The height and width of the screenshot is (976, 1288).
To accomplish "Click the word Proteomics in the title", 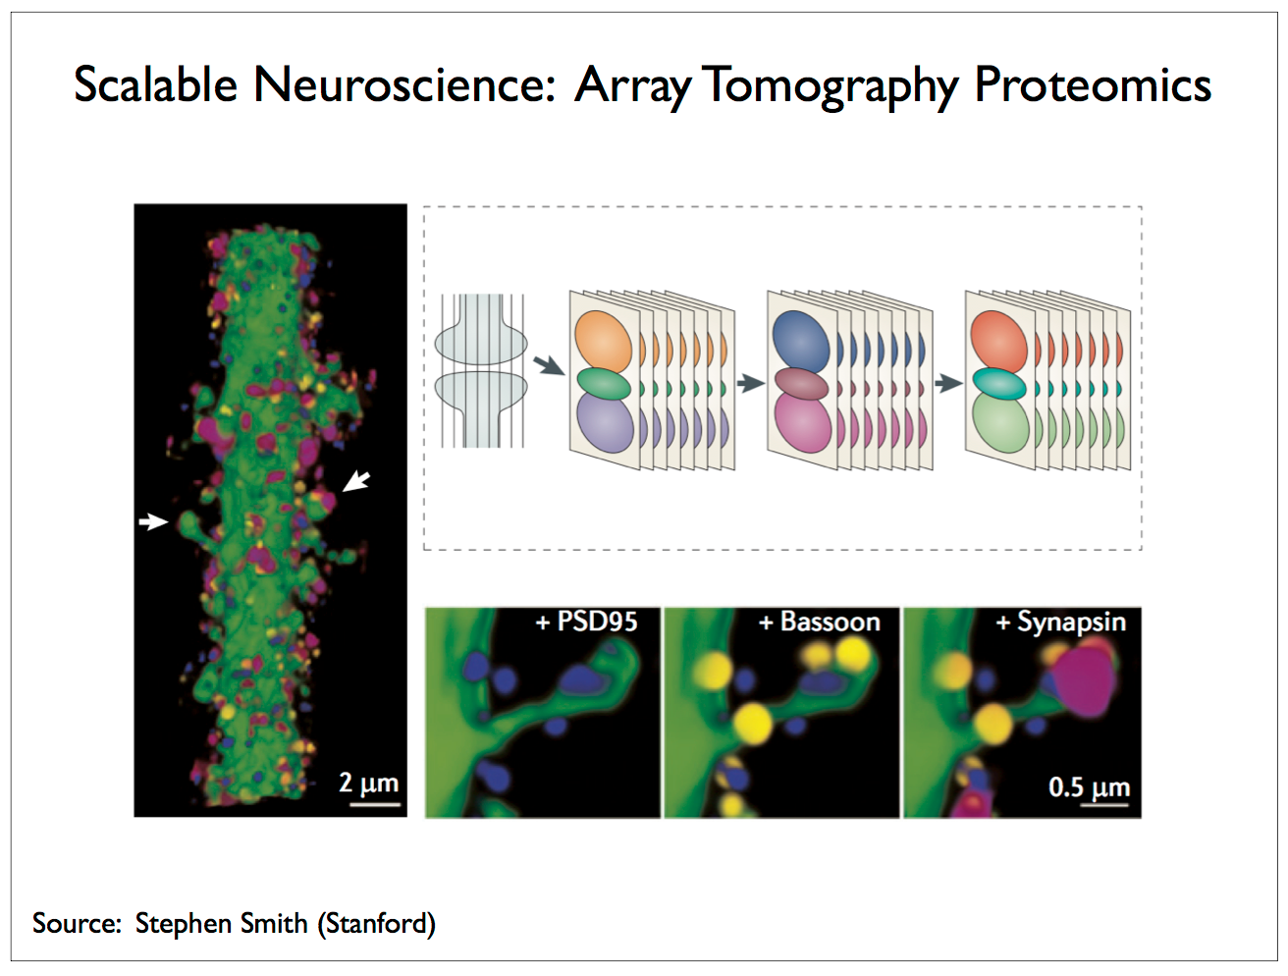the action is [1093, 86].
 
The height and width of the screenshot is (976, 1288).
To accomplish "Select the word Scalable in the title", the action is [155, 84].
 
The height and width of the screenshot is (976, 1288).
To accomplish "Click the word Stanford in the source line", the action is [376, 923].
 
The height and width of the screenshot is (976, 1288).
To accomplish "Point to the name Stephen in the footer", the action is [184, 923].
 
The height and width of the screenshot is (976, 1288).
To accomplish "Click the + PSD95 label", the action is [586, 622].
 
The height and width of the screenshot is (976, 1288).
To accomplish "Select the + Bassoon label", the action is [819, 622].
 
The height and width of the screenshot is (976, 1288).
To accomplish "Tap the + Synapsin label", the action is [1061, 623].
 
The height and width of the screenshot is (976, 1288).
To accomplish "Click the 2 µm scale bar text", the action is [368, 783].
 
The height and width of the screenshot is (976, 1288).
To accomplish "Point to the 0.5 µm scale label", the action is [1089, 787].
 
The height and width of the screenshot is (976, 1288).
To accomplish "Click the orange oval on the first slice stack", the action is [603, 340].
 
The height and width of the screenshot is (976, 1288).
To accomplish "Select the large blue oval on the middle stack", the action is [801, 340].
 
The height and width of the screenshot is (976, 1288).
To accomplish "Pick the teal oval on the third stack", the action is [1000, 385].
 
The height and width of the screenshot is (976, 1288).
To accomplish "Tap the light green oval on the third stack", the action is [1000, 422].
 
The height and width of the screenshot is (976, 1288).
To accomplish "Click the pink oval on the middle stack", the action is [803, 422].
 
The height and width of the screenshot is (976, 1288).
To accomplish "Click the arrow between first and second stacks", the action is [549, 365].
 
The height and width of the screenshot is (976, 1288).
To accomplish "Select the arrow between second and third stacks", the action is [751, 384].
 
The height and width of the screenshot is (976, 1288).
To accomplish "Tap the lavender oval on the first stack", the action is [605, 422].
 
